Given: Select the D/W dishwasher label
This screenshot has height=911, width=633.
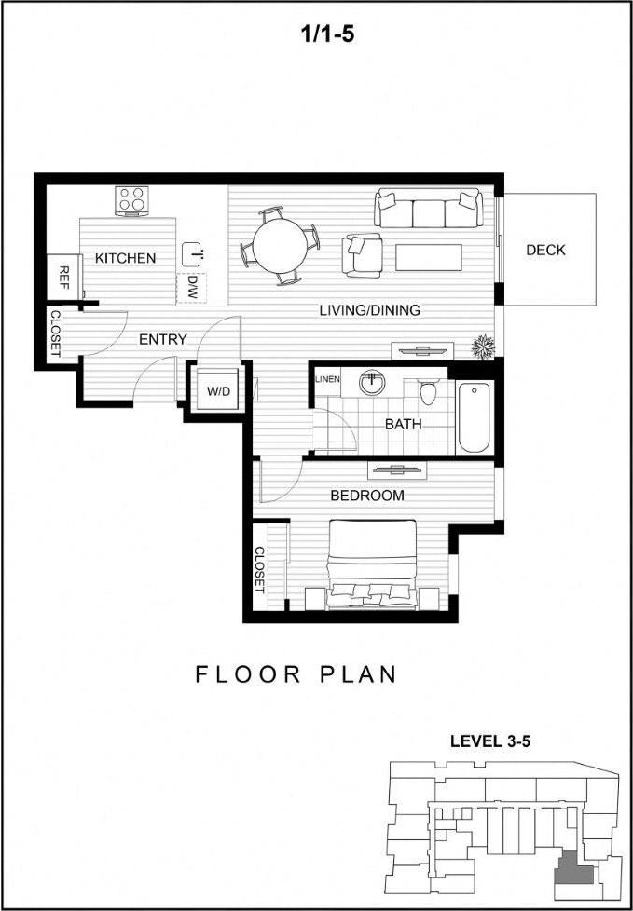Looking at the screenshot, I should click(x=192, y=281).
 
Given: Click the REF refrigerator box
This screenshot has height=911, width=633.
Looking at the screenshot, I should click(x=63, y=275).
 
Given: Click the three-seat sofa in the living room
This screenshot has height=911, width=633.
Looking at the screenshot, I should click(x=428, y=209).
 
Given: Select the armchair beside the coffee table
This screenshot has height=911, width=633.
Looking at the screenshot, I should click(x=363, y=253).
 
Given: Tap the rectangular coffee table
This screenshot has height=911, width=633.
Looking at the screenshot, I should click(x=428, y=256).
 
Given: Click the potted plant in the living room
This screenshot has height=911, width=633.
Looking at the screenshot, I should click(x=483, y=347).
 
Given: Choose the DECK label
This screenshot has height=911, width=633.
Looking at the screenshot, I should click(x=545, y=250).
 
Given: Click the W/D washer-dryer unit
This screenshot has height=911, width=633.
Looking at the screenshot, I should click(x=218, y=390).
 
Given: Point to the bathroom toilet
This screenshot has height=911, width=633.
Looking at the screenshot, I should click(x=428, y=391).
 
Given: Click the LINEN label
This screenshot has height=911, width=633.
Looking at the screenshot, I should click(x=327, y=379).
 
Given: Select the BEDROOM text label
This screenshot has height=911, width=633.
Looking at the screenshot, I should click(x=367, y=496).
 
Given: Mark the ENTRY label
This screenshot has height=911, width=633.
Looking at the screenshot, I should click(x=162, y=339).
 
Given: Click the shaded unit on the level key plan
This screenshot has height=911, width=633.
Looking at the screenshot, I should click(x=571, y=873).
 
